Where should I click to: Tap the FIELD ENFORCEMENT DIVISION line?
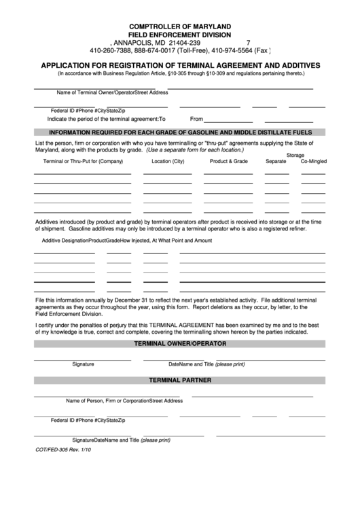[179, 34]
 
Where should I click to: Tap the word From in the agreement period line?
[197, 118]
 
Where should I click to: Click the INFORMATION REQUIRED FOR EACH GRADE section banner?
[179, 133]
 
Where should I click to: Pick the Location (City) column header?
[168, 162]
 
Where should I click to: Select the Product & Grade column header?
[229, 162]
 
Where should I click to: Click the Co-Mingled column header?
[313, 162]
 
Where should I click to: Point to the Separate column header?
[276, 162]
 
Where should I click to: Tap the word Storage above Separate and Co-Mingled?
[295, 155]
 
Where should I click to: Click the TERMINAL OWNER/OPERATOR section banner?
[179, 345]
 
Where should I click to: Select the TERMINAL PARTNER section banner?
[179, 380]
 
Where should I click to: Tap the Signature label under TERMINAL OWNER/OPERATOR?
[83, 364]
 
